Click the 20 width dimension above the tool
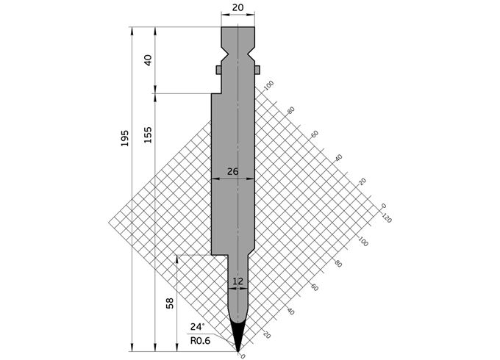238,7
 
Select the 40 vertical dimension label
149,60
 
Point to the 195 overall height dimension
125,138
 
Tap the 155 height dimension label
148,134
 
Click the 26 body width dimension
233,171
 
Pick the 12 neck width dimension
238,281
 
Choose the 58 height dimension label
170,303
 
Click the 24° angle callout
198,327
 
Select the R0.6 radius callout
200,341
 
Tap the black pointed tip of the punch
238,336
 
